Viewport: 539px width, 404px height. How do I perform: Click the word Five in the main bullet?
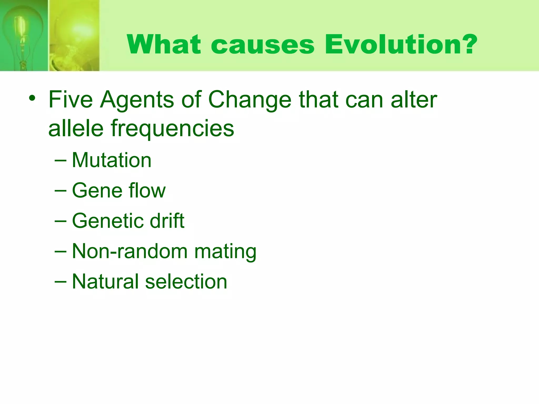point(71,100)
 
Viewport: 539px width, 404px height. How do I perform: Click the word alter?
point(414,100)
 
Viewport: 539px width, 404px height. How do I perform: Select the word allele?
point(76,128)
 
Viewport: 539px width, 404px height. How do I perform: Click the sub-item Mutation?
point(112,160)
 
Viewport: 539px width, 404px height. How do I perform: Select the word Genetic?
point(107,221)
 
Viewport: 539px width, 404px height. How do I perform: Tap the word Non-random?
point(130,251)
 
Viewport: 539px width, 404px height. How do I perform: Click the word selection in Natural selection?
point(186,281)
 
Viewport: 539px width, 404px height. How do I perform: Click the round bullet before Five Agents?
point(32,99)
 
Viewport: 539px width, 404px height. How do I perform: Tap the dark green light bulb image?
point(24,36)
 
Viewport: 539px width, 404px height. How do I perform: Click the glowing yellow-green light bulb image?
point(74,36)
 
